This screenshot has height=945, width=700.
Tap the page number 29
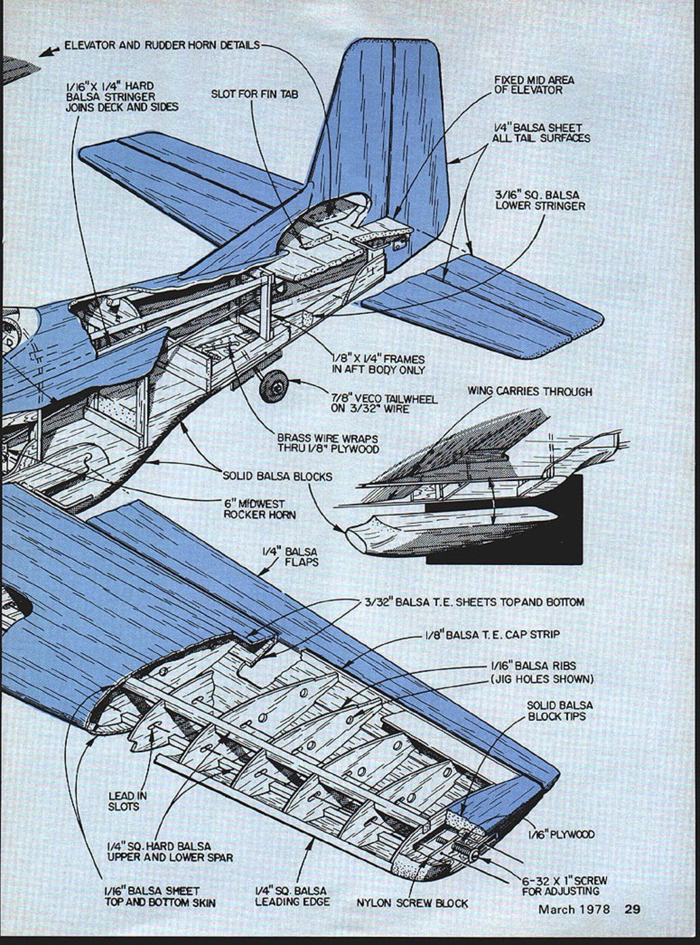point(632,909)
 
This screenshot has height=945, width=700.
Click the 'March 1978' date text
point(574,909)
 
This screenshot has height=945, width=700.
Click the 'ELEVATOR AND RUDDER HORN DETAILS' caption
point(162,45)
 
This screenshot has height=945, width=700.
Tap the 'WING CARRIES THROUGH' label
point(529,391)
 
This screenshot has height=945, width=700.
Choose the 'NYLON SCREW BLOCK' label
point(412,903)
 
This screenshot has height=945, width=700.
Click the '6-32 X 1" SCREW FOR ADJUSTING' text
point(564,885)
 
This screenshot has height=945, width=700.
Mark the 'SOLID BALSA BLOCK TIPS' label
point(559,711)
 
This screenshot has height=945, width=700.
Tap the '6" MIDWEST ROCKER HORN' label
point(254,509)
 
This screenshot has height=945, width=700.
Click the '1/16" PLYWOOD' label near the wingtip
point(562,834)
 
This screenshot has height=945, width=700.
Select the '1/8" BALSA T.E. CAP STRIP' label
point(492,635)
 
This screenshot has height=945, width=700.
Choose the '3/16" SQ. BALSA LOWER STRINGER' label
point(540,199)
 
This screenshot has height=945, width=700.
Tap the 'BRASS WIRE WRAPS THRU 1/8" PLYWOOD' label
point(327,444)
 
